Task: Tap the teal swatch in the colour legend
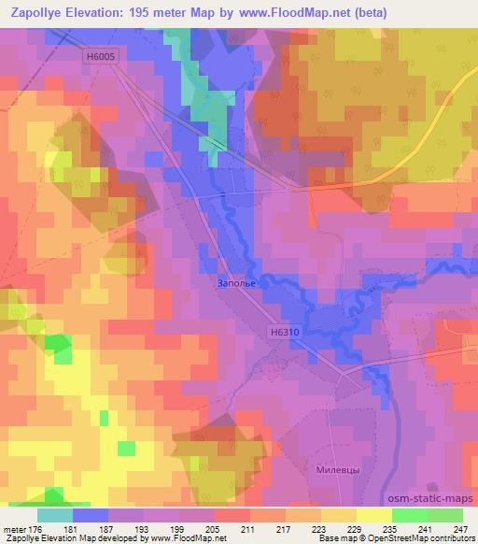[x=55, y=515]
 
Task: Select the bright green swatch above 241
[x=410, y=515]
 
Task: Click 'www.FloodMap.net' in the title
[x=297, y=13]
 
